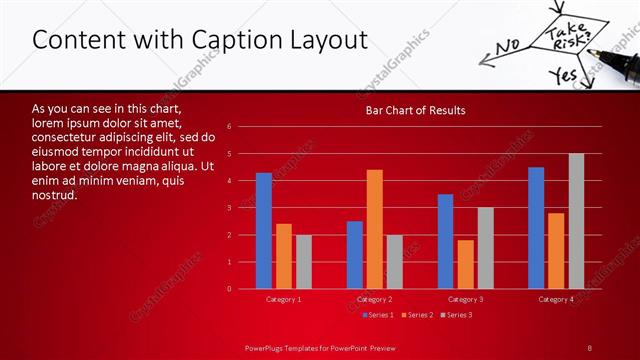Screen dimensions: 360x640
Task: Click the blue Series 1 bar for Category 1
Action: (x=264, y=231)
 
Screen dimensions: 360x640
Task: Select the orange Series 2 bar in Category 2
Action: (x=375, y=229)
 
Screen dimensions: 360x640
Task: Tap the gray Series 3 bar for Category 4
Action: (x=576, y=221)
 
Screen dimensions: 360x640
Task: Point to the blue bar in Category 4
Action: (x=536, y=228)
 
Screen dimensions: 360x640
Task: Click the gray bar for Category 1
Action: (x=303, y=262)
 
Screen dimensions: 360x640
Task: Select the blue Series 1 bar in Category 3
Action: (x=446, y=241)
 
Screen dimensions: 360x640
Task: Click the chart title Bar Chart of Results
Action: (x=415, y=110)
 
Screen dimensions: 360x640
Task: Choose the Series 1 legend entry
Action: (x=378, y=315)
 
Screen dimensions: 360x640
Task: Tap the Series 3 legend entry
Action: (x=456, y=315)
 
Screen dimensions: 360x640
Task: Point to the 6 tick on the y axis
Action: (x=230, y=127)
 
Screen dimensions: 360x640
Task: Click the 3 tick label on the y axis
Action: (x=230, y=208)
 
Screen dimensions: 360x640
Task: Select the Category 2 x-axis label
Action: (x=375, y=299)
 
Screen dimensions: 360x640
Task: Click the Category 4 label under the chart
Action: (x=556, y=299)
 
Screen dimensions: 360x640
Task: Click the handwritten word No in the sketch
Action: (x=509, y=44)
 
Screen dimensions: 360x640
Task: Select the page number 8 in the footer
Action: (x=590, y=347)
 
